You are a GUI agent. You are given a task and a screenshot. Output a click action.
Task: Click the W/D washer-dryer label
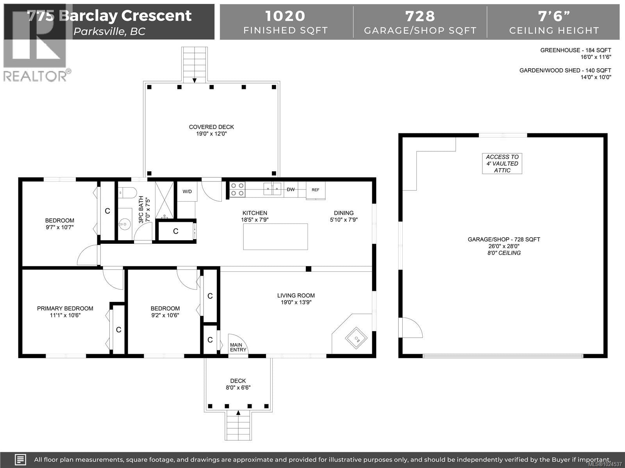tap(187, 191)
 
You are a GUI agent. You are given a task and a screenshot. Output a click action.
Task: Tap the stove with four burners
tap(237, 190)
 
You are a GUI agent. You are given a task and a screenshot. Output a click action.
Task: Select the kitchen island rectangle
tap(275, 237)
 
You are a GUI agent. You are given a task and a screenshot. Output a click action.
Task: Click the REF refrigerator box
tap(315, 190)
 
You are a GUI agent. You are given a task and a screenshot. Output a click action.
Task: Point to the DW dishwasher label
tap(291, 190)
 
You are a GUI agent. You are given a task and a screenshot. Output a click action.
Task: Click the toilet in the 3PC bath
tap(128, 192)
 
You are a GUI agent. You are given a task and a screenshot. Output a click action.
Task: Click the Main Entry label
tap(238, 347)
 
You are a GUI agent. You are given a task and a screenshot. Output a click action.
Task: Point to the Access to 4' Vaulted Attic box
tap(502, 163)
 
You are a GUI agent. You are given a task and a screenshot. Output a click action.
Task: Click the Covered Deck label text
tap(211, 127)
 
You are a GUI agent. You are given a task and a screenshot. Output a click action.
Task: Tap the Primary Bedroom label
tap(65, 308)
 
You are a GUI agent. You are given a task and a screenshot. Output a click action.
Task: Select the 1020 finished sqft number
tap(285, 16)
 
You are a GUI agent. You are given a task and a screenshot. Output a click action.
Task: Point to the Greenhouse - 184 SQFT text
tap(575, 50)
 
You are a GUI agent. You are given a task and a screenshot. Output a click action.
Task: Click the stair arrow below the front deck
tap(238, 413)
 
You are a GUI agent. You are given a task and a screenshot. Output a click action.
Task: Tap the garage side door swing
tap(411, 328)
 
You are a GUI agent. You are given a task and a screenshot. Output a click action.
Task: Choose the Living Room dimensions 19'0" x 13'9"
tap(296, 302)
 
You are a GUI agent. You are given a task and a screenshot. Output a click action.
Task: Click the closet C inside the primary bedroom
tap(118, 330)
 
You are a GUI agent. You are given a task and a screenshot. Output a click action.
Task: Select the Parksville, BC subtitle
tap(109, 32)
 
